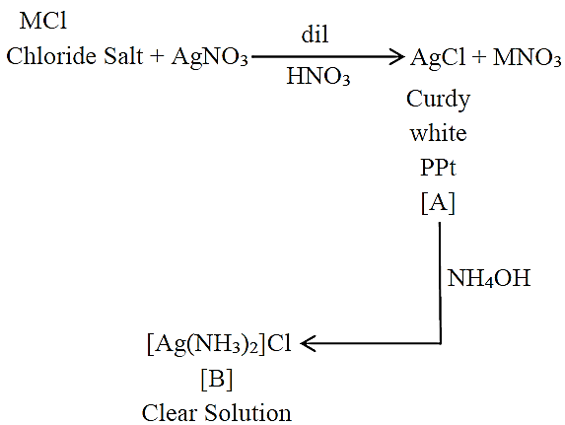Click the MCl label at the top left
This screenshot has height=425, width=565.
pyautogui.click(x=42, y=21)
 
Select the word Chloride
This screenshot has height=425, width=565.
pyautogui.click(x=52, y=56)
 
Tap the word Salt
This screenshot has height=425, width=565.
pyautogui.click(x=123, y=56)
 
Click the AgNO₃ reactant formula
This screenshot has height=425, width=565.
pyautogui.click(x=210, y=57)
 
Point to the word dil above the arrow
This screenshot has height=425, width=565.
pyautogui.click(x=315, y=35)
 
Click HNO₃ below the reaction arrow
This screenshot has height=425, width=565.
pyautogui.click(x=318, y=76)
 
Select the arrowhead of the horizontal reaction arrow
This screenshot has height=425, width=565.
pyautogui.click(x=397, y=56)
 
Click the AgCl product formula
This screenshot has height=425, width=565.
pyautogui.click(x=438, y=57)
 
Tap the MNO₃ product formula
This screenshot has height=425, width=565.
pyautogui.click(x=527, y=57)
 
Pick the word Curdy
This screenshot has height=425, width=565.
pyautogui.click(x=438, y=100)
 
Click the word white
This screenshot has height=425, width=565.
pyautogui.click(x=438, y=133)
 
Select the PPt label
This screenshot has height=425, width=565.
pyautogui.click(x=438, y=168)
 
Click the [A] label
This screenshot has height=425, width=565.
pyautogui.click(x=438, y=203)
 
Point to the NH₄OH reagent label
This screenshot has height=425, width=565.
pyautogui.click(x=489, y=278)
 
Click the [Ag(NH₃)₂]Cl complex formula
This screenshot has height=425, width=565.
pyautogui.click(x=219, y=344)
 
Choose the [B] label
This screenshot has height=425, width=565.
pyautogui.click(x=217, y=380)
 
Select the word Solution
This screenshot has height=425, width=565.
pyautogui.click(x=248, y=413)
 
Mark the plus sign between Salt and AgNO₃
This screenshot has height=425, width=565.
pyautogui.click(x=157, y=57)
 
